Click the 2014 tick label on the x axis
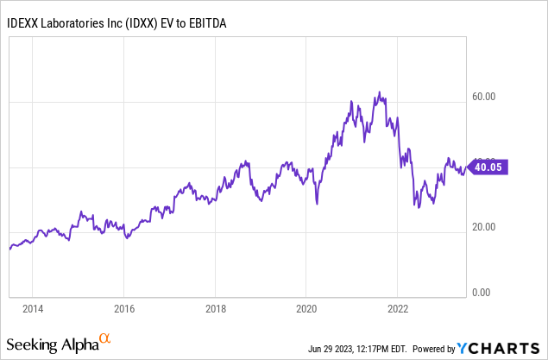click(x=33, y=307)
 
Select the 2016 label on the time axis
click(x=124, y=307)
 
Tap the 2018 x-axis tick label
click(x=216, y=307)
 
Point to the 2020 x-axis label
click(x=307, y=307)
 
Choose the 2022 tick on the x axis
click(x=399, y=307)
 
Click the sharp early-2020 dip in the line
click(x=317, y=204)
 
